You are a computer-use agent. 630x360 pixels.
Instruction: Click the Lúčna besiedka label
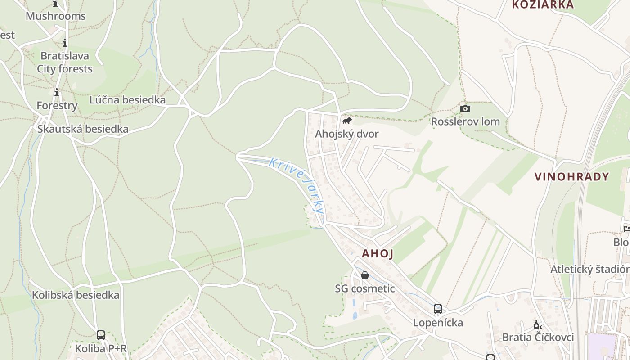pyautogui.click(x=127, y=100)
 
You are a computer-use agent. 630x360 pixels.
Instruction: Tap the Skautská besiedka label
pyautogui.click(x=83, y=129)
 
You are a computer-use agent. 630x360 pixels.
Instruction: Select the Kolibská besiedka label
pyautogui.click(x=76, y=295)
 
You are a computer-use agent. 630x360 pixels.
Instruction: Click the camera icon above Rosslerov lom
pyautogui.click(x=465, y=109)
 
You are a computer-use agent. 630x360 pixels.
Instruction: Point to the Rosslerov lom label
pyautogui.click(x=465, y=121)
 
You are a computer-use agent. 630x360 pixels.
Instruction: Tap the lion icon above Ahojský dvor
pyautogui.click(x=346, y=121)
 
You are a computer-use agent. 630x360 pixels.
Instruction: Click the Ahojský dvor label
pyautogui.click(x=346, y=134)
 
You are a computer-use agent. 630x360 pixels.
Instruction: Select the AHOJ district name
pyautogui.click(x=378, y=254)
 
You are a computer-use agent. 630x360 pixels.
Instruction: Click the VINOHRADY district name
pyautogui.click(x=571, y=177)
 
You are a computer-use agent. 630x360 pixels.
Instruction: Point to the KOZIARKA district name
pyautogui.click(x=543, y=5)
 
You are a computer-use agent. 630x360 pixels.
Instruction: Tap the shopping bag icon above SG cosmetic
pyautogui.click(x=365, y=275)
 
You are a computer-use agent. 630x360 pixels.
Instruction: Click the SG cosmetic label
pyautogui.click(x=364, y=288)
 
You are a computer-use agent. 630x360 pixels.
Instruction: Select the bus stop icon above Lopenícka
pyautogui.click(x=438, y=309)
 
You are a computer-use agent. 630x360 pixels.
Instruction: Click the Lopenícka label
pyautogui.click(x=438, y=323)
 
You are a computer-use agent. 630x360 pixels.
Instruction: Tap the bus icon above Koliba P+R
pyautogui.click(x=101, y=335)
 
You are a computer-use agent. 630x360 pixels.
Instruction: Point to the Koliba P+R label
pyautogui.click(x=101, y=349)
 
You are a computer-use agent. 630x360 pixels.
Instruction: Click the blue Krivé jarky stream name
pyautogui.click(x=296, y=185)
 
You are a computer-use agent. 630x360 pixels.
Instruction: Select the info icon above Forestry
pyautogui.click(x=57, y=93)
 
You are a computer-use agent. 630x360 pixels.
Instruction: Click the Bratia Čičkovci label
pyautogui.click(x=538, y=337)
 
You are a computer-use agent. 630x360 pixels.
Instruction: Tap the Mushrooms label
pyautogui.click(x=55, y=16)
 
